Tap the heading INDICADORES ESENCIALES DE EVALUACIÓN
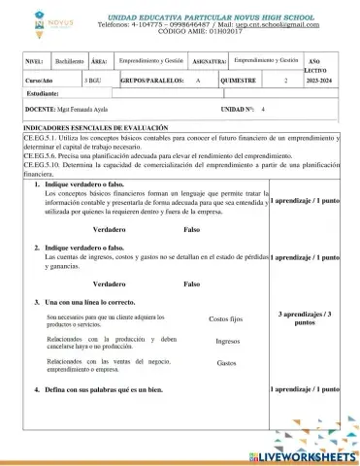[x=95, y=127]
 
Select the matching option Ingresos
[x=227, y=341]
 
